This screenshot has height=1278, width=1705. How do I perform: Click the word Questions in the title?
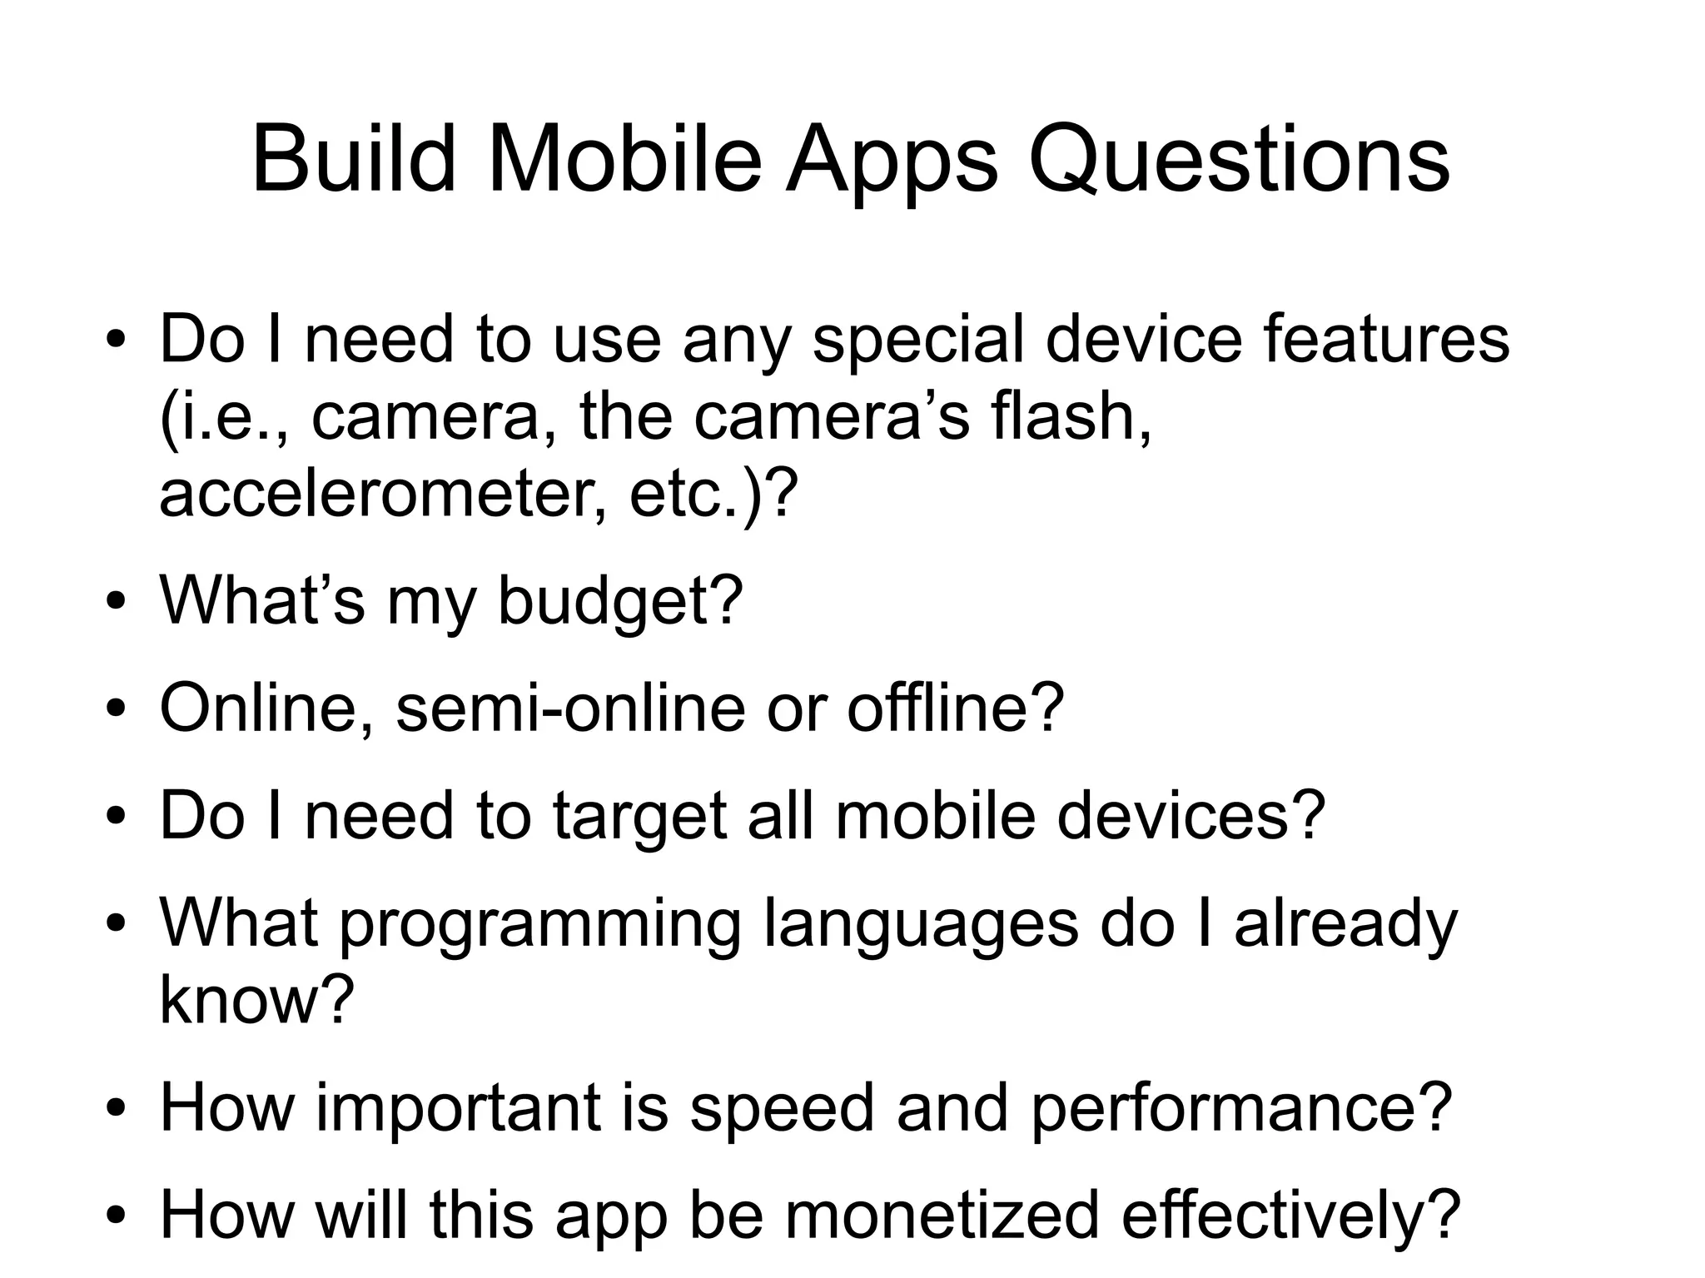click(x=1239, y=160)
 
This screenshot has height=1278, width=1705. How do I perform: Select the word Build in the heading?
click(x=354, y=160)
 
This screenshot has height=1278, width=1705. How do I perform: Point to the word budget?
click(x=619, y=601)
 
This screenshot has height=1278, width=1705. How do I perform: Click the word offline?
click(x=955, y=709)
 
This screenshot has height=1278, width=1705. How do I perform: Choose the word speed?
click(x=782, y=1108)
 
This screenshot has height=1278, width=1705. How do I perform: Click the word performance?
click(x=1240, y=1108)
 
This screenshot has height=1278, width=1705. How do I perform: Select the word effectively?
click(x=1290, y=1216)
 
